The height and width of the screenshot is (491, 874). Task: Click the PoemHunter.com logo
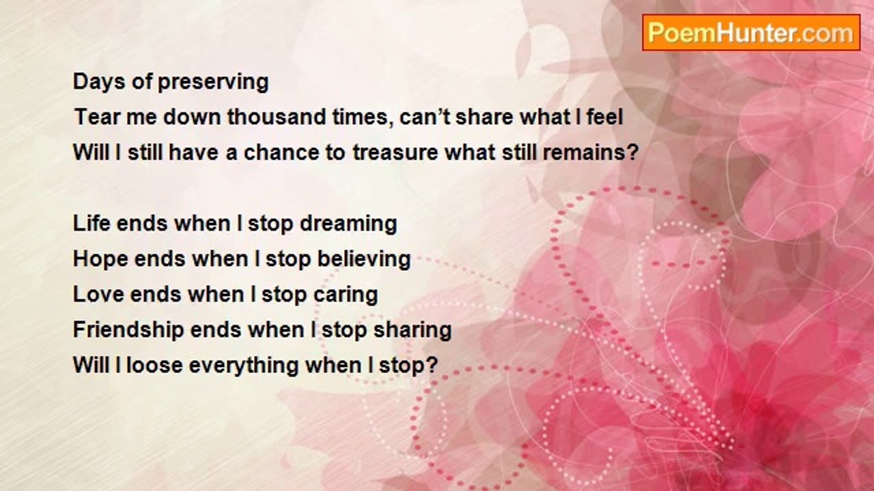[x=751, y=33]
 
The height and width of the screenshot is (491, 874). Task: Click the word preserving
[x=213, y=83]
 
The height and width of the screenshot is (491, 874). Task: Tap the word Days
[x=99, y=81]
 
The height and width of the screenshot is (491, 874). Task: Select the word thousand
[x=277, y=117]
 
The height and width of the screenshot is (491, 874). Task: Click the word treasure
[x=395, y=152]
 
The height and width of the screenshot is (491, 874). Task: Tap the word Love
[x=99, y=294]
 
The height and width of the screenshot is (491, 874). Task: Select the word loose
[x=154, y=365]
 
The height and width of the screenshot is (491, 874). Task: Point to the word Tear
[x=97, y=117]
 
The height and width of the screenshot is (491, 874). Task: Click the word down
[x=192, y=117]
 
